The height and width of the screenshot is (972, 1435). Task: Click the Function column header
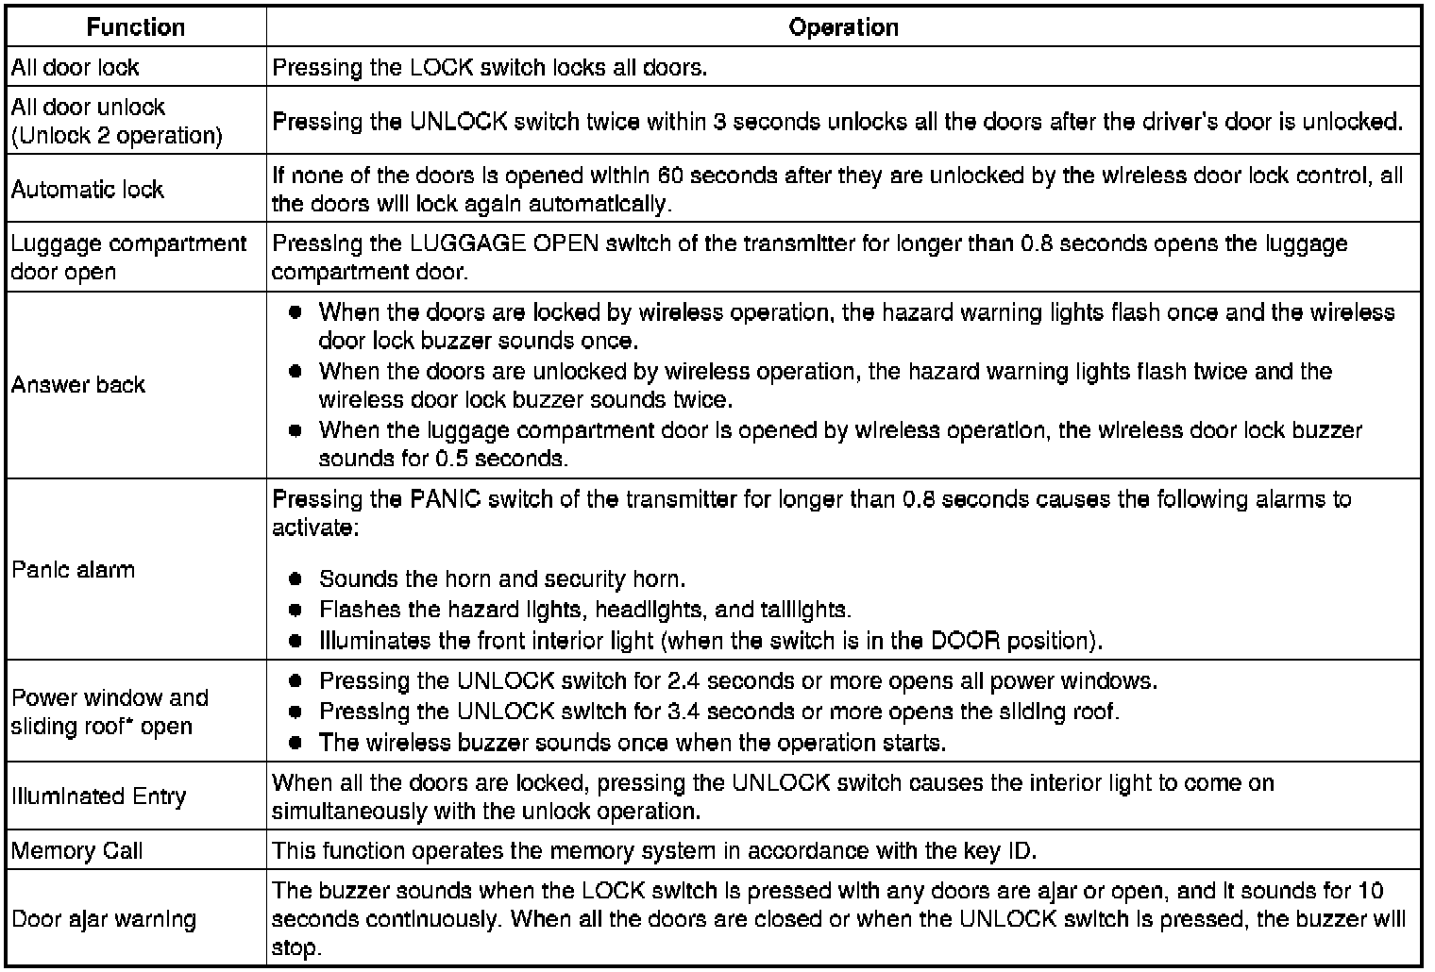coord(135,27)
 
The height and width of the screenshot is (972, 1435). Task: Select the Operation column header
coord(843,27)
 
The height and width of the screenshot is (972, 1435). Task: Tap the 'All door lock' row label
coord(76,68)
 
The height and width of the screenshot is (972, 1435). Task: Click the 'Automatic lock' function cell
coord(88,190)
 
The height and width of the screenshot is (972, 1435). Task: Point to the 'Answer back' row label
coord(78,385)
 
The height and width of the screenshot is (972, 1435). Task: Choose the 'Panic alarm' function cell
coord(74,570)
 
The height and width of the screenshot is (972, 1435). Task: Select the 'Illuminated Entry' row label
coord(99,796)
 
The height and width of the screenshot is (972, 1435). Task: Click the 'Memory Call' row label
coord(77,851)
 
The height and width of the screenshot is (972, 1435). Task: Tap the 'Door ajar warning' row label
coord(104,919)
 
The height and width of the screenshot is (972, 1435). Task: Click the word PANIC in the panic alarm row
coord(447,499)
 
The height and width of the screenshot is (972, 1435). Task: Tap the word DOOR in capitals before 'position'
coord(965,641)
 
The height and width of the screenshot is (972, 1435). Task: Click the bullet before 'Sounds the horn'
coord(295,578)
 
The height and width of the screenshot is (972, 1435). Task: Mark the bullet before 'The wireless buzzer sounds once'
coord(295,743)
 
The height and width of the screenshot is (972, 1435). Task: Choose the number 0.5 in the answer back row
coord(451,460)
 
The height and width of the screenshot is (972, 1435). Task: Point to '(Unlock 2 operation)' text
coord(117,136)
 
